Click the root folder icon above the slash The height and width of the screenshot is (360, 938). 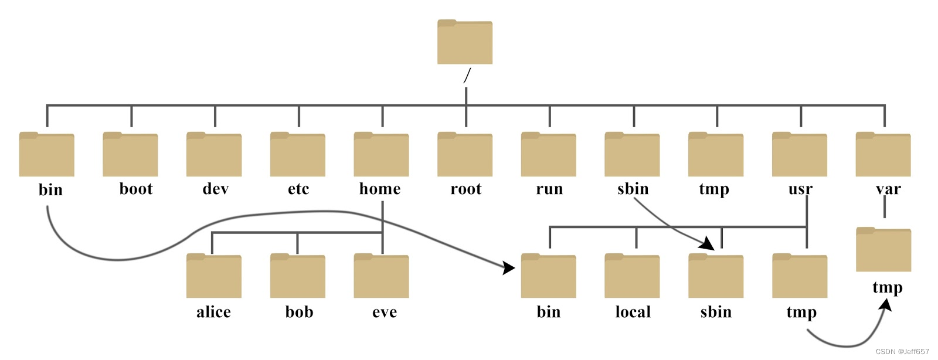pyautogui.click(x=465, y=42)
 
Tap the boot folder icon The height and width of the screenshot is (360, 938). pyautogui.click(x=130, y=155)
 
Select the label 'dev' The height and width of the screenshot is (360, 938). pyautogui.click(x=215, y=189)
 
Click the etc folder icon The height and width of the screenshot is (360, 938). pyautogui.click(x=298, y=155)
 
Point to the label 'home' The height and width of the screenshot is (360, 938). pyautogui.click(x=380, y=189)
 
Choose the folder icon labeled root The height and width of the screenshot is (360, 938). pyautogui.click(x=465, y=155)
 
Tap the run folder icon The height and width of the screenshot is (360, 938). pyautogui.click(x=549, y=155)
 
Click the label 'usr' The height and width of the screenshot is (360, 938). pyautogui.click(x=800, y=189)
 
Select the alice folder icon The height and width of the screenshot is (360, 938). pyautogui.click(x=214, y=276)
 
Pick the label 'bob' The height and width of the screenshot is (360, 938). pyautogui.click(x=299, y=312)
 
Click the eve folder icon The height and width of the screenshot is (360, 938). pyautogui.click(x=381, y=276)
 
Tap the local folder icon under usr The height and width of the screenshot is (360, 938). pyautogui.click(x=632, y=276)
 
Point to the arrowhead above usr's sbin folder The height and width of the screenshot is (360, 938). pyautogui.click(x=707, y=243)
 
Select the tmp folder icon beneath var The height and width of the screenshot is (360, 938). pyautogui.click(x=883, y=250)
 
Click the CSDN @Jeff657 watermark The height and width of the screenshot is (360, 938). pyautogui.click(x=902, y=352)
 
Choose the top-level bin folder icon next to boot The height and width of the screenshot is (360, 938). pyautogui.click(x=47, y=155)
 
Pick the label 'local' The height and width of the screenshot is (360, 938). pyautogui.click(x=633, y=312)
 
